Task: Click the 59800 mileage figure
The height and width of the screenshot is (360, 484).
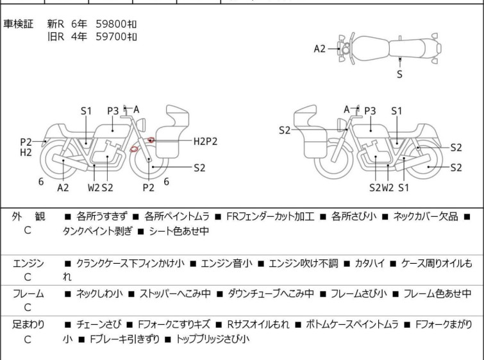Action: click(x=116, y=24)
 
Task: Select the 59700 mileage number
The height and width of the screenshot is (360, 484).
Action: click(x=116, y=37)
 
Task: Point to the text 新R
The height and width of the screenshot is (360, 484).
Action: click(x=56, y=24)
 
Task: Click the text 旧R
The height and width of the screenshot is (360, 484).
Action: click(x=56, y=37)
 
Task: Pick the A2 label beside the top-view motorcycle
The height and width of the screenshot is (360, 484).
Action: click(x=320, y=48)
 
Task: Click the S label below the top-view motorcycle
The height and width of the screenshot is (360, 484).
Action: click(x=399, y=74)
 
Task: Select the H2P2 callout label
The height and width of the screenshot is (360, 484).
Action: click(x=205, y=141)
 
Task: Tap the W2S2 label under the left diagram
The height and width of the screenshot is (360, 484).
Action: click(x=101, y=187)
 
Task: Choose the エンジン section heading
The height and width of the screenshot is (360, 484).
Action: click(x=28, y=263)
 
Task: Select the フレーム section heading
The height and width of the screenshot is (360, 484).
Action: click(x=28, y=294)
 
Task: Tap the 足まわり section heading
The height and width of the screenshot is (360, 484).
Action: click(x=28, y=325)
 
